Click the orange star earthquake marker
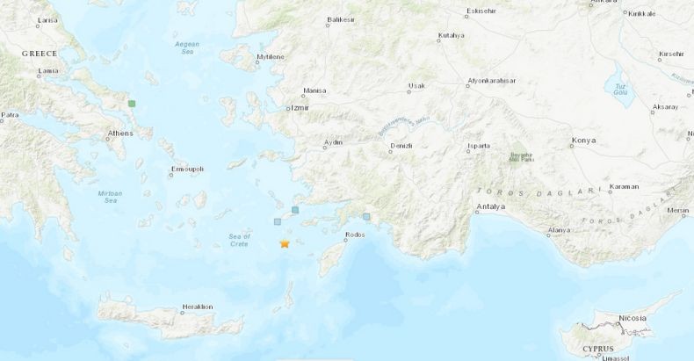coord(285,243)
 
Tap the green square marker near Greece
coord(132,104)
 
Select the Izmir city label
coord(302,109)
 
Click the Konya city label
coord(583,140)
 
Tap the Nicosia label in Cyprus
coord(632,317)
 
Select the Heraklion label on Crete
coord(197,307)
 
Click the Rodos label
coord(355,235)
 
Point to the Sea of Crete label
coord(239,239)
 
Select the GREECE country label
coord(40,54)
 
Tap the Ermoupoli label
coord(187,168)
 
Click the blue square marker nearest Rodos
coord(366,216)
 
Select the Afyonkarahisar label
coord(492,80)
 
